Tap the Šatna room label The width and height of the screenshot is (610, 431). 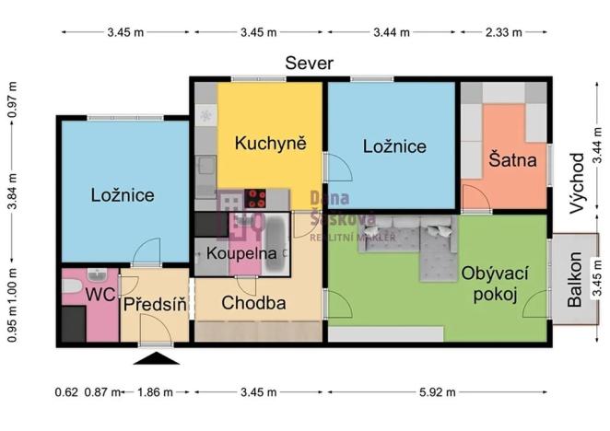(x=513, y=159)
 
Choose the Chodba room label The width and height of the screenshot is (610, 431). (x=253, y=302)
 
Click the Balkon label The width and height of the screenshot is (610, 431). (x=575, y=280)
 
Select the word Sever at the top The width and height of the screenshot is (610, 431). (x=308, y=64)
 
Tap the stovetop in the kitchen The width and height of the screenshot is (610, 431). (x=255, y=197)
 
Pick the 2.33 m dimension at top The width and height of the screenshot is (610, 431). (x=503, y=32)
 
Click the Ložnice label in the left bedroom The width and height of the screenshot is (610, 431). (x=122, y=194)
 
